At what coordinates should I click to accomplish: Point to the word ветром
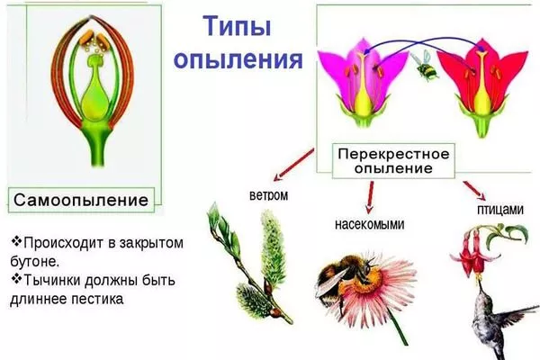[x=267, y=193]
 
